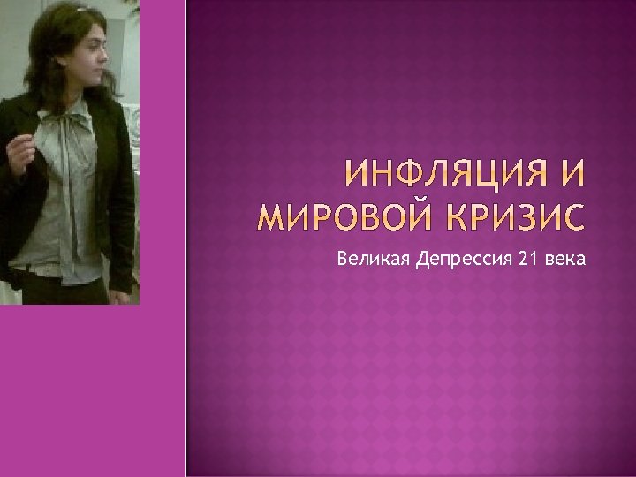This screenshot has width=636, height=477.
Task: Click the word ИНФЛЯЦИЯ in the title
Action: (448, 174)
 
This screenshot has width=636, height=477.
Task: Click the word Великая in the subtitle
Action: (364, 259)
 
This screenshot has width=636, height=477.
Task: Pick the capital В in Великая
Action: (341, 259)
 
